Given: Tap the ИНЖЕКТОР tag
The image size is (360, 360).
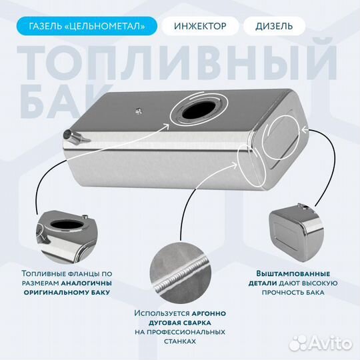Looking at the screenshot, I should tap(205, 27).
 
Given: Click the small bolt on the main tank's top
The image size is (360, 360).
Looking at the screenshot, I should tap(138, 110).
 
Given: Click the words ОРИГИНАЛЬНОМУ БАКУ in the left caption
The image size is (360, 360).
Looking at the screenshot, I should tap(67, 292).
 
